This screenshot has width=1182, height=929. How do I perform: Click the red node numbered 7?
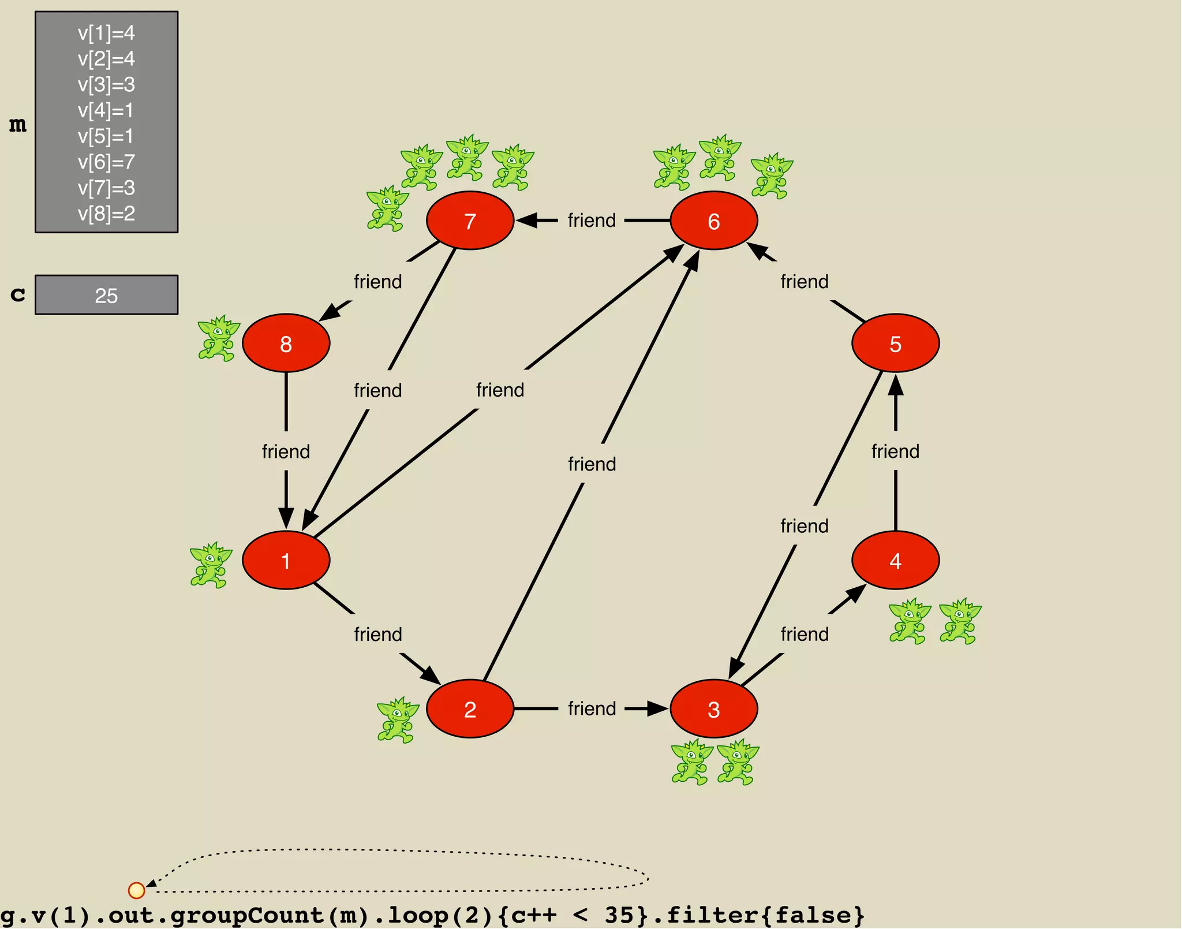[x=470, y=221]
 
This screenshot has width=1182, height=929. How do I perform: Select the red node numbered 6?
[x=713, y=221]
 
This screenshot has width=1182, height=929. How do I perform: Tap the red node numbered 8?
[x=286, y=343]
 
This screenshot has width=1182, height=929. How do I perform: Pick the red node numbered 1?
[x=286, y=560]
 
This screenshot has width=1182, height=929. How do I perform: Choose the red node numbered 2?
[x=470, y=708]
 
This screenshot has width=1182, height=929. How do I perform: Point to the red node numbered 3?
[x=713, y=708]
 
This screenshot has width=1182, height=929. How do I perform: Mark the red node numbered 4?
[x=895, y=560]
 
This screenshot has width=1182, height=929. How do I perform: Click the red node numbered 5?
[x=895, y=343]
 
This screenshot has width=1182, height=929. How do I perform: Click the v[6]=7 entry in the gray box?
[x=106, y=162]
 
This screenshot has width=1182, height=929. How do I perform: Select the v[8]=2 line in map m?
[x=106, y=214]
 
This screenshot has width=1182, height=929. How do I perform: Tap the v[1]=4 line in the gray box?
[x=106, y=33]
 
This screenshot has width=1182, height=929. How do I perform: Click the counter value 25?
[x=106, y=296]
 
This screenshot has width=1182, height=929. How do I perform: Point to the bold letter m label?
[x=18, y=124]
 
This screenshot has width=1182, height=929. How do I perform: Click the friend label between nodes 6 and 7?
[x=592, y=221]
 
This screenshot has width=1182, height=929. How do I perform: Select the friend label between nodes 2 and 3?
[x=592, y=708]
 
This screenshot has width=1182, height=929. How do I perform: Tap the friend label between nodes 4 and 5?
[x=895, y=452]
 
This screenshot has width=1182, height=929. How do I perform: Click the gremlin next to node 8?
[x=218, y=338]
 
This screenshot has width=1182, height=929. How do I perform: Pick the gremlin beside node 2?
[x=398, y=719]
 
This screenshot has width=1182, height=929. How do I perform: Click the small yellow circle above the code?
[x=136, y=890]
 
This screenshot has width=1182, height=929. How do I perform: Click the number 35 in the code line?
[x=620, y=915]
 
